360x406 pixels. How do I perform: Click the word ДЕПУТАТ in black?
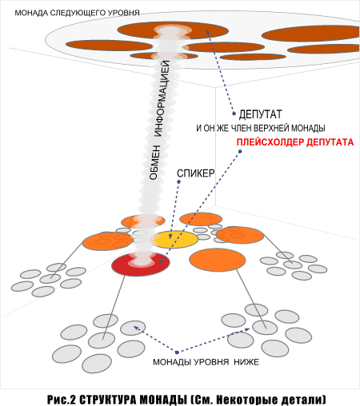(x=260, y=114)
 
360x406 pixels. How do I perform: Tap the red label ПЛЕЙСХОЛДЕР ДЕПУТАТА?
(x=295, y=142)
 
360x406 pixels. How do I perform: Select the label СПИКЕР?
(x=196, y=173)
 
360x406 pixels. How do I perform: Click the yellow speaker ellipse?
(x=176, y=240)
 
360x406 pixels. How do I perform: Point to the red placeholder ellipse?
(x=141, y=265)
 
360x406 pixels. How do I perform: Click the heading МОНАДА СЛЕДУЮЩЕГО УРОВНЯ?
(x=77, y=13)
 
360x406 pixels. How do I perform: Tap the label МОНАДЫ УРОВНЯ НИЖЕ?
(x=206, y=362)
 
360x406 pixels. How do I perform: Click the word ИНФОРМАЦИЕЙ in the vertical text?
(x=162, y=98)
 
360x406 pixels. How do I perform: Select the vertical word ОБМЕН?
(x=154, y=162)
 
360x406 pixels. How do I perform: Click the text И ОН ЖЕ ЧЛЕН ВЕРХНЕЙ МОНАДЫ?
(x=261, y=129)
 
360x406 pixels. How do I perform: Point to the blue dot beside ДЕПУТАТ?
(x=234, y=113)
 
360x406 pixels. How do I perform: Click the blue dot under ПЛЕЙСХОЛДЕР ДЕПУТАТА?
(x=240, y=152)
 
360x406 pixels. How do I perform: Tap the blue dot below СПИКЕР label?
(x=179, y=181)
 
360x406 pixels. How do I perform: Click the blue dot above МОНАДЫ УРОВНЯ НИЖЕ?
(x=177, y=352)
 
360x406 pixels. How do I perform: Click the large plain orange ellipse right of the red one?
(x=218, y=260)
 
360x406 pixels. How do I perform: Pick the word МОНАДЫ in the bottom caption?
(x=163, y=400)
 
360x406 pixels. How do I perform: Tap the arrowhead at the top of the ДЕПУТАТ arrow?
(x=207, y=30)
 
